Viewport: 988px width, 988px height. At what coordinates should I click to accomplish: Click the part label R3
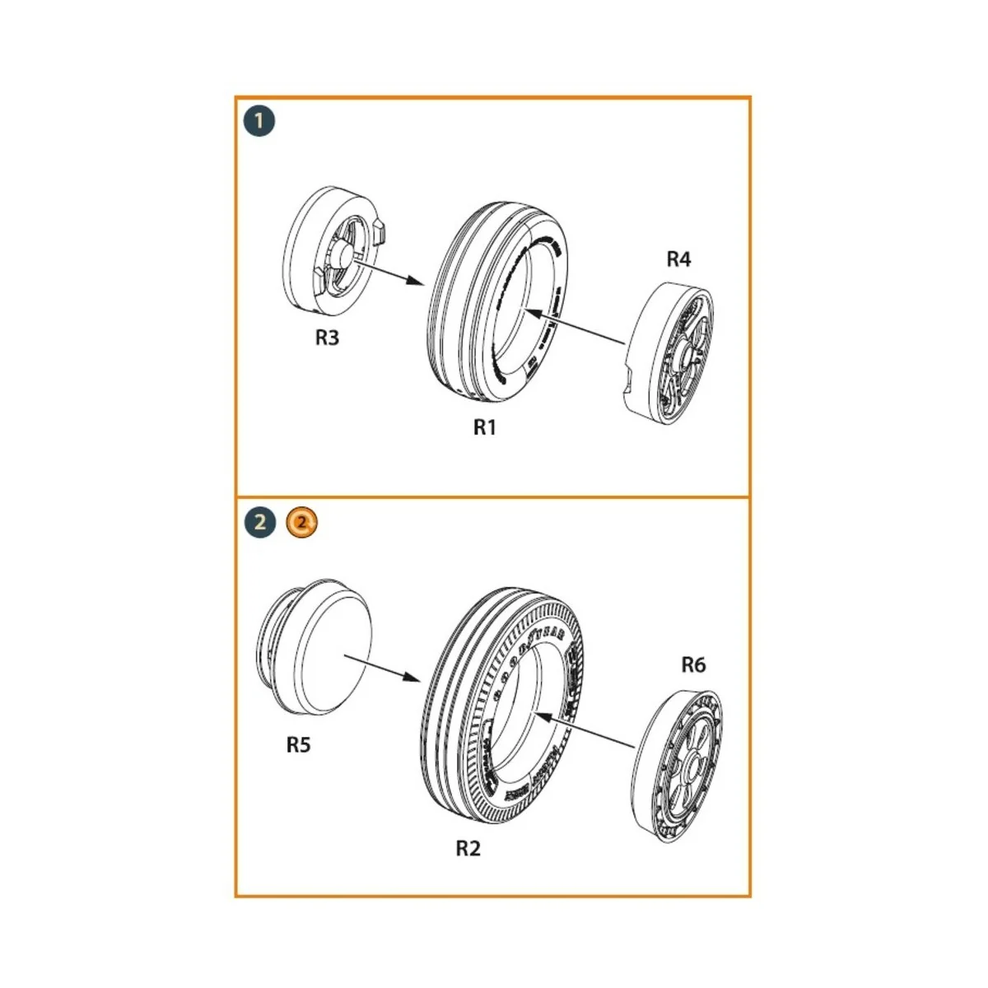[327, 338]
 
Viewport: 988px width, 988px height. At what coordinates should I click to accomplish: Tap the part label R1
[485, 427]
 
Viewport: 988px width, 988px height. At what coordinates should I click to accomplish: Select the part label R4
[678, 259]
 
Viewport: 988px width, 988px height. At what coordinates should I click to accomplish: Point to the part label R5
[299, 744]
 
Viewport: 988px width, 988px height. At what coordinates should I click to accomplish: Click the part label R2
[468, 848]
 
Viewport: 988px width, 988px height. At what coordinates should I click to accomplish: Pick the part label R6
[693, 664]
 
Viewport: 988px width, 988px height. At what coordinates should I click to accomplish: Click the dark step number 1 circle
[259, 122]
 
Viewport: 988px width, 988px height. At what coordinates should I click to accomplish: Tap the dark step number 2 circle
[259, 522]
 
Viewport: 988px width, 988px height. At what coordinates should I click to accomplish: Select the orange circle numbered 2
[302, 522]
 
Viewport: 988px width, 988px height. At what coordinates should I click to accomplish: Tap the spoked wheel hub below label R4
[669, 353]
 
